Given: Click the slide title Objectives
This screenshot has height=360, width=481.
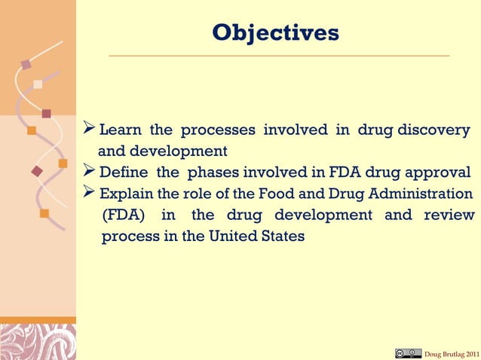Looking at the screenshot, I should pos(275,33).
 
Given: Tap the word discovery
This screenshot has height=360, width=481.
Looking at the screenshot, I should pos(435,130).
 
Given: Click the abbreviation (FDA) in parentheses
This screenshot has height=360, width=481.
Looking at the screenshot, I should pos(124,215).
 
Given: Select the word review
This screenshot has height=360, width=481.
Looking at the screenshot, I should pos(449,215).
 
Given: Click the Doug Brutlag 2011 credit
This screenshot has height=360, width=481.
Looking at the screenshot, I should pos(451,354).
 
